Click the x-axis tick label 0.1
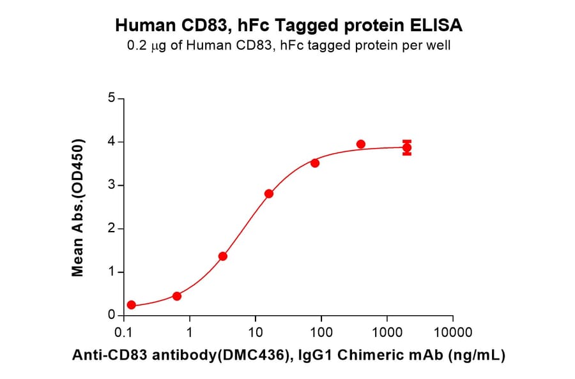(x=123, y=332)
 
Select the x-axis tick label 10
(x=255, y=332)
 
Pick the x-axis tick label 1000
(x=387, y=332)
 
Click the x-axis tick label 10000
(x=452, y=332)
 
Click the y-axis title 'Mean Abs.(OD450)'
(x=78, y=207)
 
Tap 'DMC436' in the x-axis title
(x=249, y=356)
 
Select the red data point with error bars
(x=406, y=148)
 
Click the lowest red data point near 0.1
(x=131, y=305)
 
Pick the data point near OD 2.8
(x=269, y=194)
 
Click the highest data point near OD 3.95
(x=361, y=144)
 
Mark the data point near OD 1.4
(x=223, y=256)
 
